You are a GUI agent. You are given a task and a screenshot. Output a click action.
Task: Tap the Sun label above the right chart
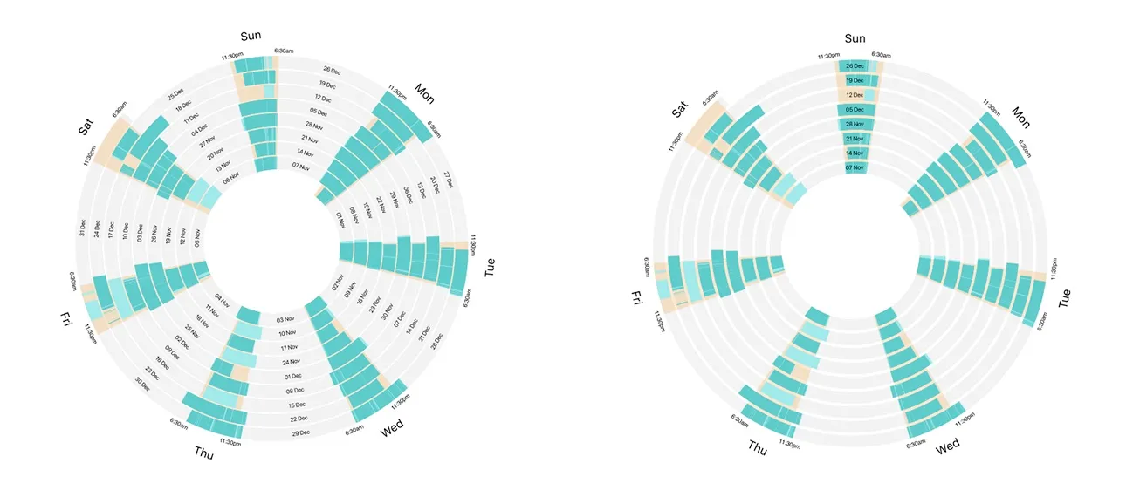click(855, 38)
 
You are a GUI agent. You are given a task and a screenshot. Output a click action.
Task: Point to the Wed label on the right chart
click(947, 446)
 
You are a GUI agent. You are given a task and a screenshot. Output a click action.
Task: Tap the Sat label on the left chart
click(86, 127)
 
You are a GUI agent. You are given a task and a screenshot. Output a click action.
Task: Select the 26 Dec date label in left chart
click(332, 69)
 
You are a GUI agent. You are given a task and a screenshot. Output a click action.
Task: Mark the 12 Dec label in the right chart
click(855, 95)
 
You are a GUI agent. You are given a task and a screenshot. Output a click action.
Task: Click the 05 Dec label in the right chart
click(855, 110)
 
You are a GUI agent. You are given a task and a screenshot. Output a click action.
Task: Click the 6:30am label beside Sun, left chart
click(283, 51)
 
